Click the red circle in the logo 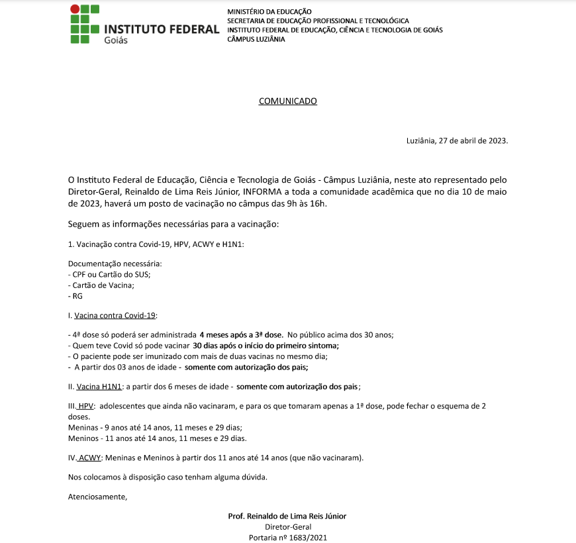tap(75, 9)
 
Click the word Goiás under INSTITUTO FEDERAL tap(116, 40)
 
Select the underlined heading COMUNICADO tap(287, 101)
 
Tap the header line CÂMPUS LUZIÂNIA tap(256, 39)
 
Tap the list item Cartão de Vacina tap(103, 285)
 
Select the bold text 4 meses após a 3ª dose tap(241, 335)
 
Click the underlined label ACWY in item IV tap(90, 458)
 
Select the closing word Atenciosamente tap(97, 496)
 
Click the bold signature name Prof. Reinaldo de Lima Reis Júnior tap(287, 516)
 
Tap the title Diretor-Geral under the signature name tap(287, 527)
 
